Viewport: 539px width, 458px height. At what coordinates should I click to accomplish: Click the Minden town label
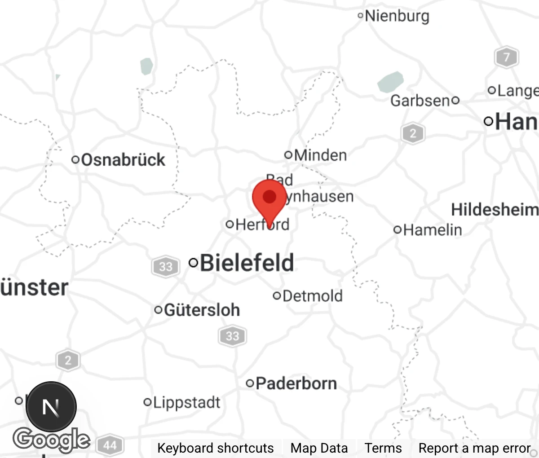pos(320,155)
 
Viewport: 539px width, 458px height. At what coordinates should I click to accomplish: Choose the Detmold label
pos(312,296)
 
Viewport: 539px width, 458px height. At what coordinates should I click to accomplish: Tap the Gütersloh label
pos(202,310)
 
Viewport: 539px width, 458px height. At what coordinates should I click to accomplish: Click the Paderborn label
pos(296,383)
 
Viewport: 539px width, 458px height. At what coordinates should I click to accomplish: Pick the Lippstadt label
pos(186,402)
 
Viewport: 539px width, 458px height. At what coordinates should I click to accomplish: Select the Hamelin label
pos(432,230)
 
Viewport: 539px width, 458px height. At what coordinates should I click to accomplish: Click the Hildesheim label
pos(494,210)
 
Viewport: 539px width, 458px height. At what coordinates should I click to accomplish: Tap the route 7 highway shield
pos(506,57)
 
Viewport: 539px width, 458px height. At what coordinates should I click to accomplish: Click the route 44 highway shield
pos(110,445)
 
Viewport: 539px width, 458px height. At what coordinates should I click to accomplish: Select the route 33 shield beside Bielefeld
pos(165,267)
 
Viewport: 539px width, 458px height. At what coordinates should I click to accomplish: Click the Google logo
pos(51,439)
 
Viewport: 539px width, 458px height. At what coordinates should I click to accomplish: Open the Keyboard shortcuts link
pos(215,448)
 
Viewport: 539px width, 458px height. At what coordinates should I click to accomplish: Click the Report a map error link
pos(474,448)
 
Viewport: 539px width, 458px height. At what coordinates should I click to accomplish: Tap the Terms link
pos(383,448)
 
